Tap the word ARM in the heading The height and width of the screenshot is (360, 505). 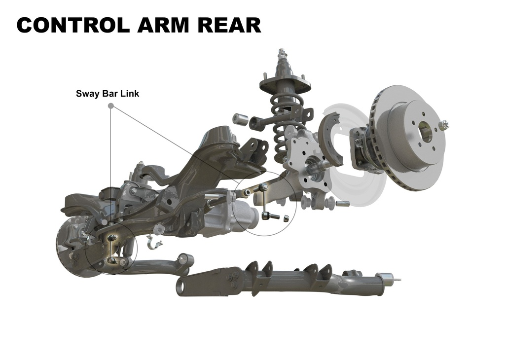coord(163,25)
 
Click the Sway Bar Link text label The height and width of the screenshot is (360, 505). coord(108,94)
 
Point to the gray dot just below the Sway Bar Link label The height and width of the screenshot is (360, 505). coord(111,106)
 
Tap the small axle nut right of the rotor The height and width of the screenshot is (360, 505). coord(444,125)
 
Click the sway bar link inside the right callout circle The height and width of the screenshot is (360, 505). coord(264,201)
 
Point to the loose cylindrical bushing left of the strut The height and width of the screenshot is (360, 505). coord(240,118)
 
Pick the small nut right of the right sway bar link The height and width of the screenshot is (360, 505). coord(285,218)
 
